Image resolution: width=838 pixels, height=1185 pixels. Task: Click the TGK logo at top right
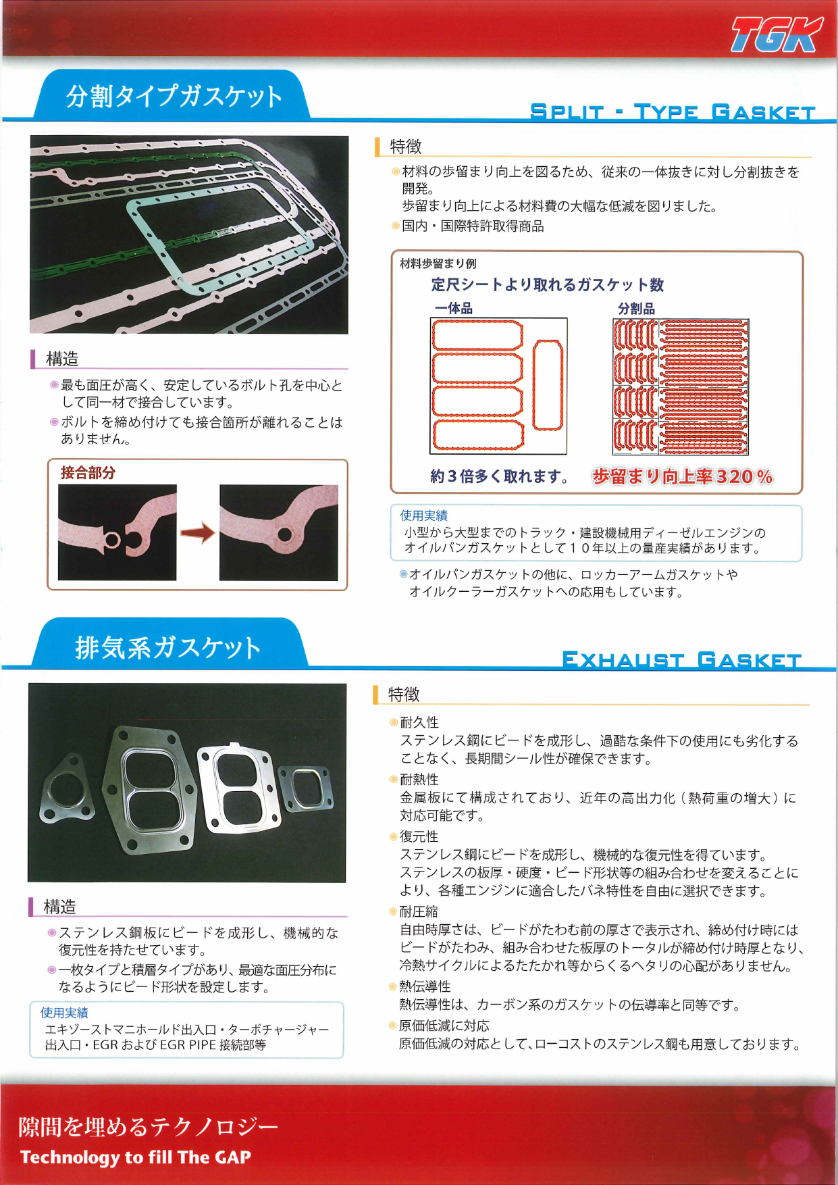coord(777,35)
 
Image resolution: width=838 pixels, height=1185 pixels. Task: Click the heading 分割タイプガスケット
coord(174,97)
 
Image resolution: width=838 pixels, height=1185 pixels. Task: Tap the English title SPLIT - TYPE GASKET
coord(673,111)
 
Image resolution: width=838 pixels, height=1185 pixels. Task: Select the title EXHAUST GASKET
coord(681,659)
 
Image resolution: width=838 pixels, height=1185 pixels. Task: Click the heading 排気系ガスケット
coord(167,647)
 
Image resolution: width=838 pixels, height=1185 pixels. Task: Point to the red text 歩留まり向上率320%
coord(682,477)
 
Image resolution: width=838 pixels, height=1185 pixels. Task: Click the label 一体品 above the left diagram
coord(453,309)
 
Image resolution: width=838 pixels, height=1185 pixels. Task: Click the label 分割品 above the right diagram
coord(636,309)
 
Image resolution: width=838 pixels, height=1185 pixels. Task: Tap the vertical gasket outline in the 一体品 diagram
coord(548,385)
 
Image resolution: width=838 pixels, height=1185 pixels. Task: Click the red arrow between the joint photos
coord(197,533)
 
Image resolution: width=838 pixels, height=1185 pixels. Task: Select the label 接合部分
coord(88,473)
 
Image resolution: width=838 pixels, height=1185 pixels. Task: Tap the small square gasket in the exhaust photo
coord(306,788)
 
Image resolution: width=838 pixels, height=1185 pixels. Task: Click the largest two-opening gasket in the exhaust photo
coord(150,787)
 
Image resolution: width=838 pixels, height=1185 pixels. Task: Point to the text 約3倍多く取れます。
coord(500,477)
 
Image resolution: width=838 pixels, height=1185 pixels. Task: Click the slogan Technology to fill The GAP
coord(136,1157)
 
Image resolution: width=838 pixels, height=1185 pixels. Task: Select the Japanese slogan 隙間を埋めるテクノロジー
coord(148,1126)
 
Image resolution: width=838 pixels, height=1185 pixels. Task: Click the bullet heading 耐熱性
coord(419,780)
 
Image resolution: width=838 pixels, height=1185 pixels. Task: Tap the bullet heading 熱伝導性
coord(425,987)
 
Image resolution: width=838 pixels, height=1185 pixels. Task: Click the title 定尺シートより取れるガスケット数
coord(547,285)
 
